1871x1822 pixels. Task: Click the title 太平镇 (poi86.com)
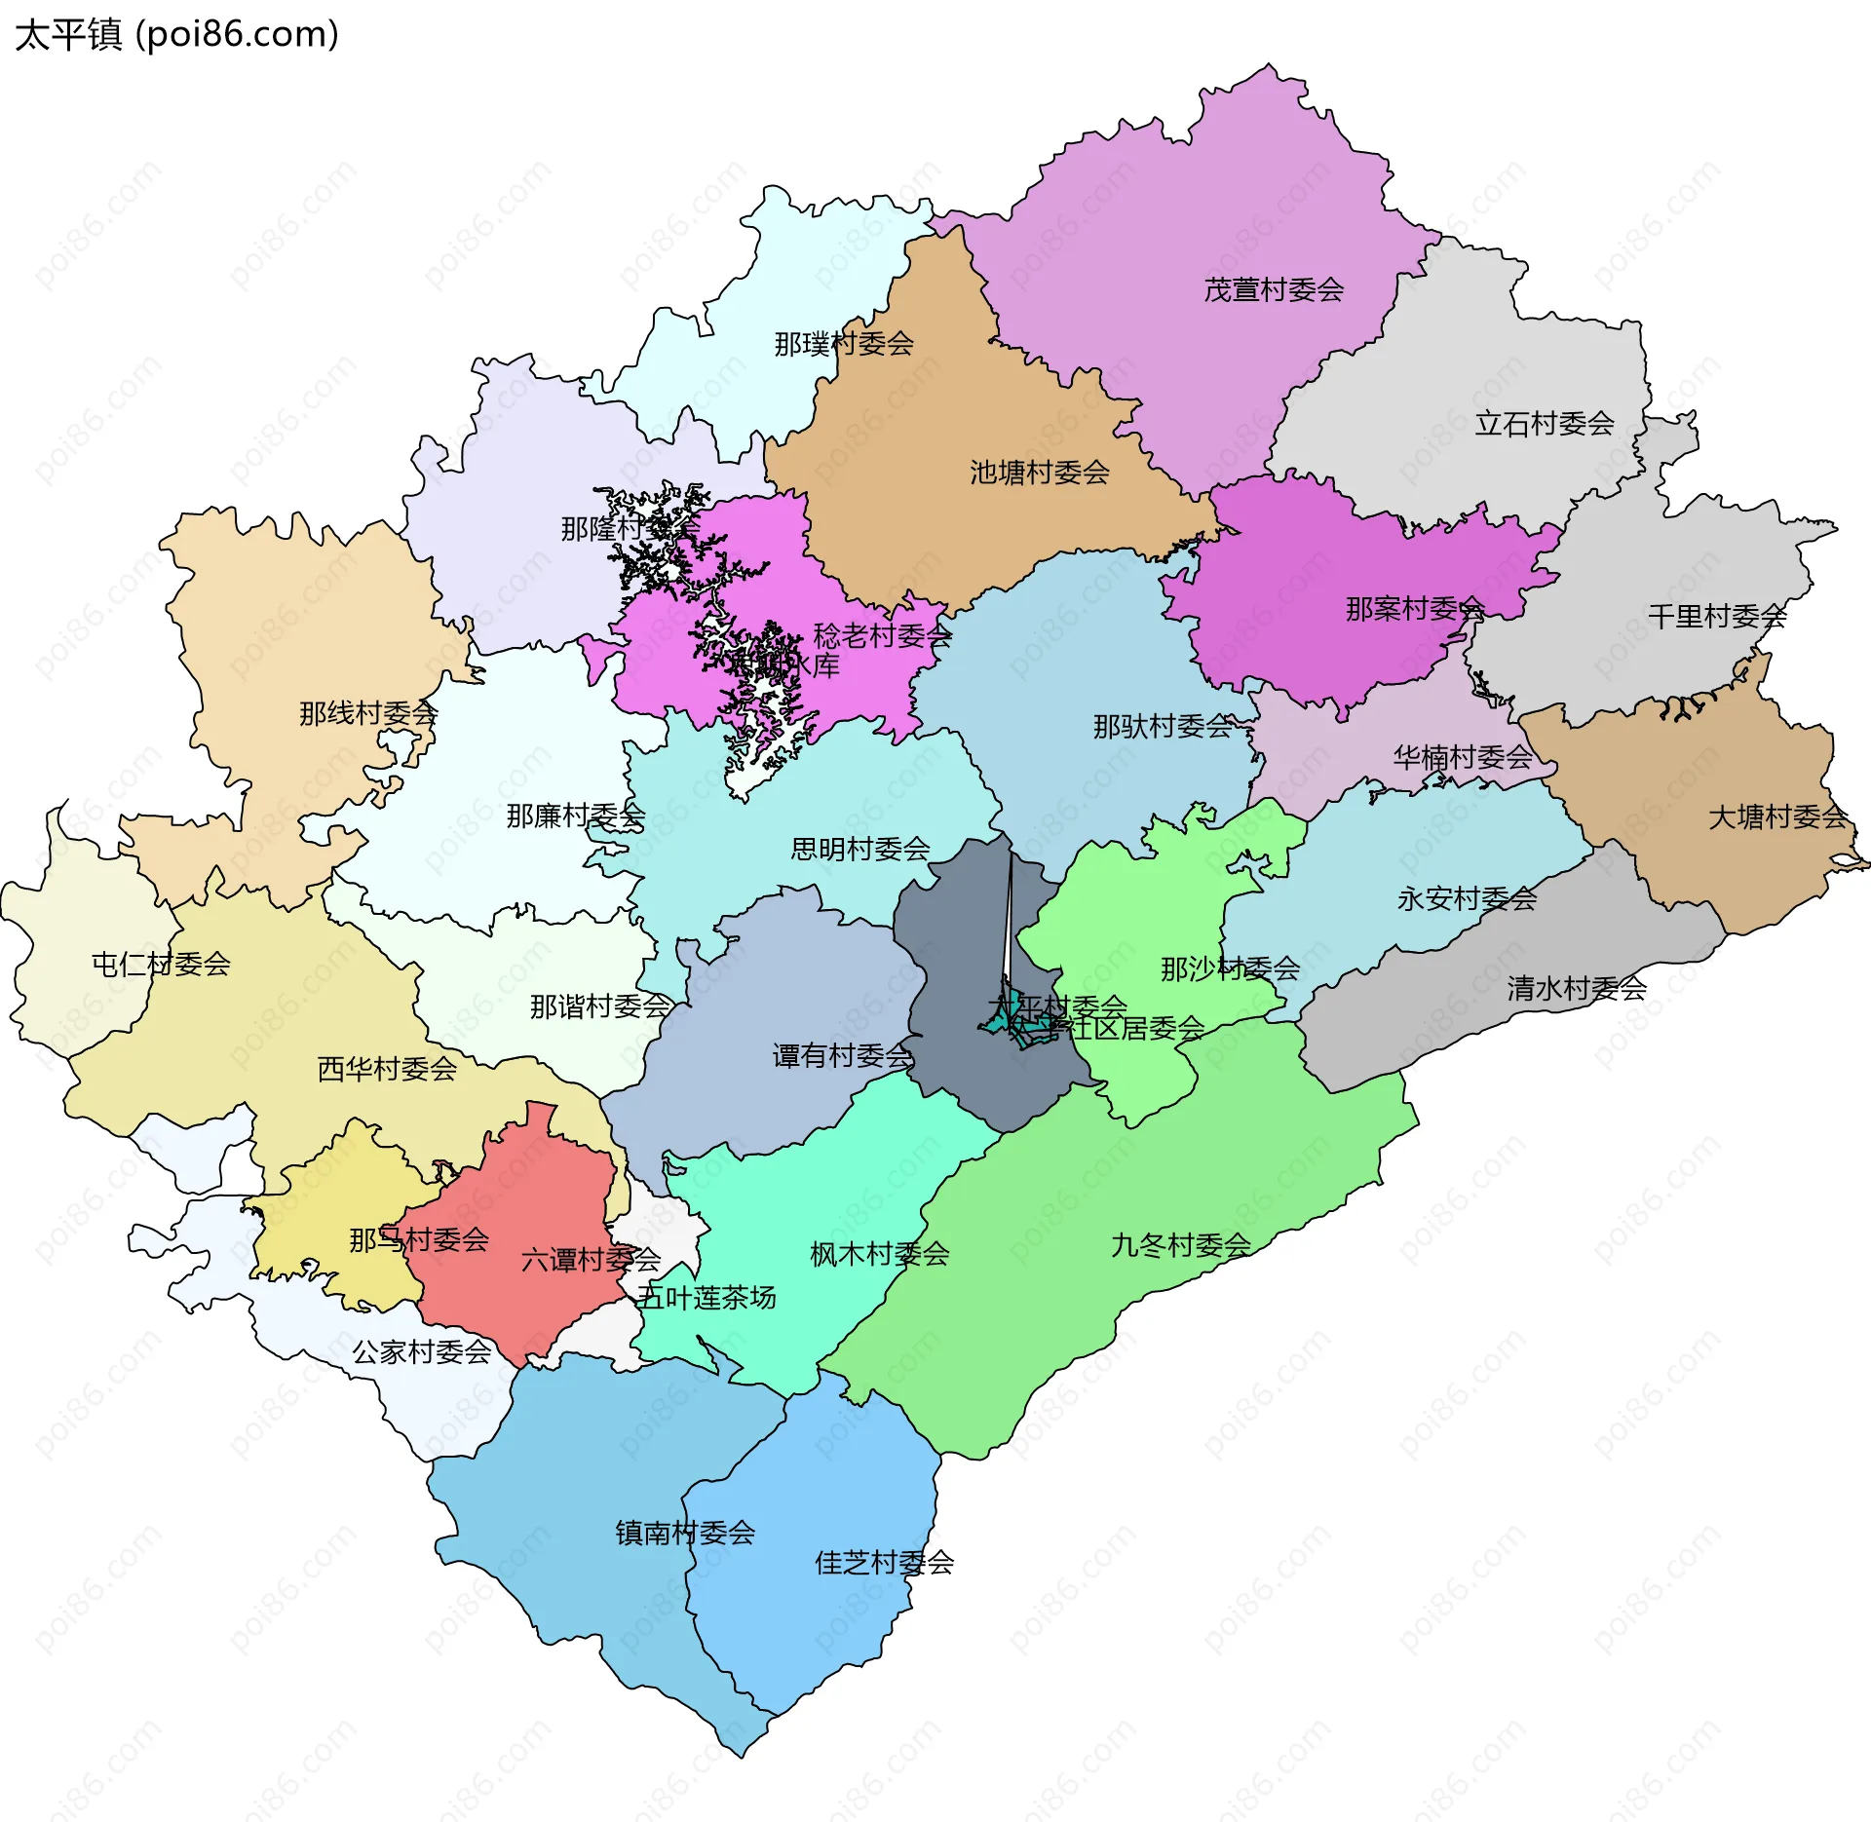pyautogui.click(x=176, y=34)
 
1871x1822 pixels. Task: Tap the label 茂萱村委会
pyautogui.click(x=1273, y=289)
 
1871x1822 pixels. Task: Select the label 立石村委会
pyautogui.click(x=1544, y=423)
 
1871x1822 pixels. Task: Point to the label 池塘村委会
pyautogui.click(x=1039, y=473)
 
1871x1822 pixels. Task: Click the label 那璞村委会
pyautogui.click(x=843, y=343)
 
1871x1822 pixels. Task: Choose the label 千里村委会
pyautogui.click(x=1716, y=616)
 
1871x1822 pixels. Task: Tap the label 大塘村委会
pyautogui.click(x=1776, y=816)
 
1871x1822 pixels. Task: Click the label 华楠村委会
pyautogui.click(x=1462, y=757)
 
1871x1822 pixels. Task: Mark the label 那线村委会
pyautogui.click(x=367, y=713)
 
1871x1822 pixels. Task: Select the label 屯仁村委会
pyautogui.click(x=161, y=964)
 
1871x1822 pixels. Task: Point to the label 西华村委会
pyautogui.click(x=387, y=1069)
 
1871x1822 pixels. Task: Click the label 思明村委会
pyautogui.click(x=859, y=849)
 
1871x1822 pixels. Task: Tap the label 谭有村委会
pyautogui.click(x=842, y=1055)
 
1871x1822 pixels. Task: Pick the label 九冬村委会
pyautogui.click(x=1180, y=1244)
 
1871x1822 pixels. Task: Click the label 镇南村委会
pyautogui.click(x=685, y=1533)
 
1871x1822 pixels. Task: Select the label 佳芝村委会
pyautogui.click(x=883, y=1563)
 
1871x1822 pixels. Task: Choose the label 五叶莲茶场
pyautogui.click(x=706, y=1297)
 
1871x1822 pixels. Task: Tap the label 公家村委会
pyautogui.click(x=421, y=1351)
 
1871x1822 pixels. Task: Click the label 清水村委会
pyautogui.click(x=1576, y=988)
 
